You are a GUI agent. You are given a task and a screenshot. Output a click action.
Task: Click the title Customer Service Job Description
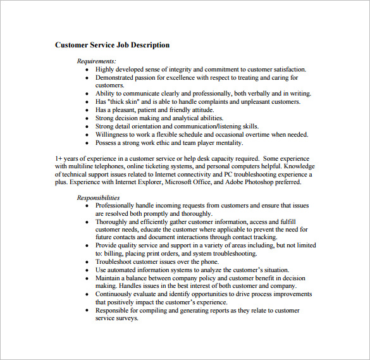[x=112, y=45]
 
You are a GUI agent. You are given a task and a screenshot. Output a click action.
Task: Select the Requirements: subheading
[x=97, y=61]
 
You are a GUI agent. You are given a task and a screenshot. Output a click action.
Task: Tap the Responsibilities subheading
[x=98, y=198]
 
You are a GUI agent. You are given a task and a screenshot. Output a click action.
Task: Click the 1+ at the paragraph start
[x=59, y=158]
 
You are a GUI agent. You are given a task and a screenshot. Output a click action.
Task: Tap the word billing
[x=105, y=253]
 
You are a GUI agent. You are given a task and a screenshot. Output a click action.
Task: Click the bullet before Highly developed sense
[x=87, y=70]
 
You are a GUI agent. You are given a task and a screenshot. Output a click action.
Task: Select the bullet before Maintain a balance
[x=87, y=278]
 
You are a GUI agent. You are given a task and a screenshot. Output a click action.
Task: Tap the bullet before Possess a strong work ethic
[x=87, y=143]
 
